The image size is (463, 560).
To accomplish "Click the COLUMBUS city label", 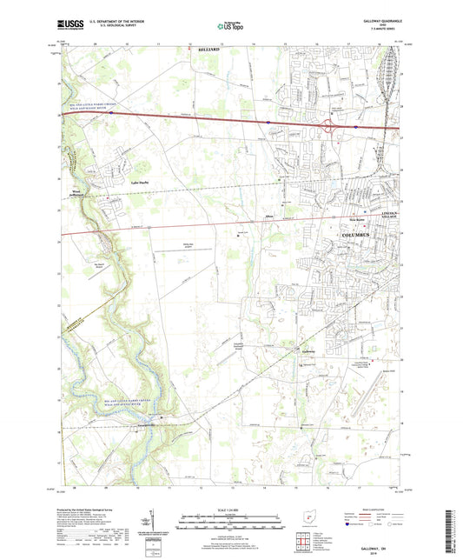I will pyautogui.click(x=354, y=236).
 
